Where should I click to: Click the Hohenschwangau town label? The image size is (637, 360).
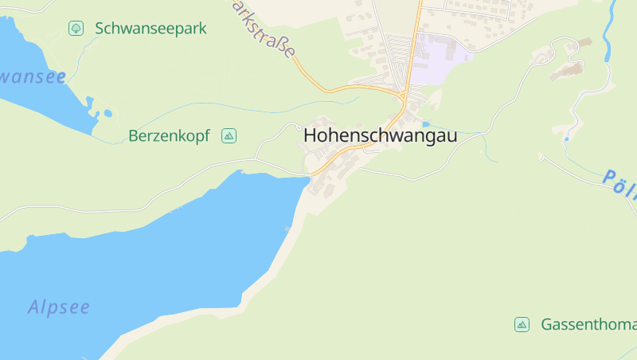point(380,136)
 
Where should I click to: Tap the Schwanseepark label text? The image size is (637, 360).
point(150,29)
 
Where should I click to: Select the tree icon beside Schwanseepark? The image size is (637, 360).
point(76,29)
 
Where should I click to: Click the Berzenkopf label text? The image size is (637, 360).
point(169,136)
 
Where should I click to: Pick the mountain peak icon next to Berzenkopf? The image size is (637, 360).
point(229,136)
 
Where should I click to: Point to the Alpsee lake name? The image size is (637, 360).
point(59,307)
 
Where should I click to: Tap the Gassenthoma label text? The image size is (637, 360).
point(588,325)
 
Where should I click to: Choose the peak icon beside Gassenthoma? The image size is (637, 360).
point(522,324)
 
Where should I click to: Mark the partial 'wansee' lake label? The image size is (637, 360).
point(32,77)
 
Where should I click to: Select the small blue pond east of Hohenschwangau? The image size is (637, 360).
point(426,124)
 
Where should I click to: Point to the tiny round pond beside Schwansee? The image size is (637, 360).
point(89,101)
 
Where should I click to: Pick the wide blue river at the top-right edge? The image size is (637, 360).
point(611,24)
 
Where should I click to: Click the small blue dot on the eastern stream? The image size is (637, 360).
point(566,139)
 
